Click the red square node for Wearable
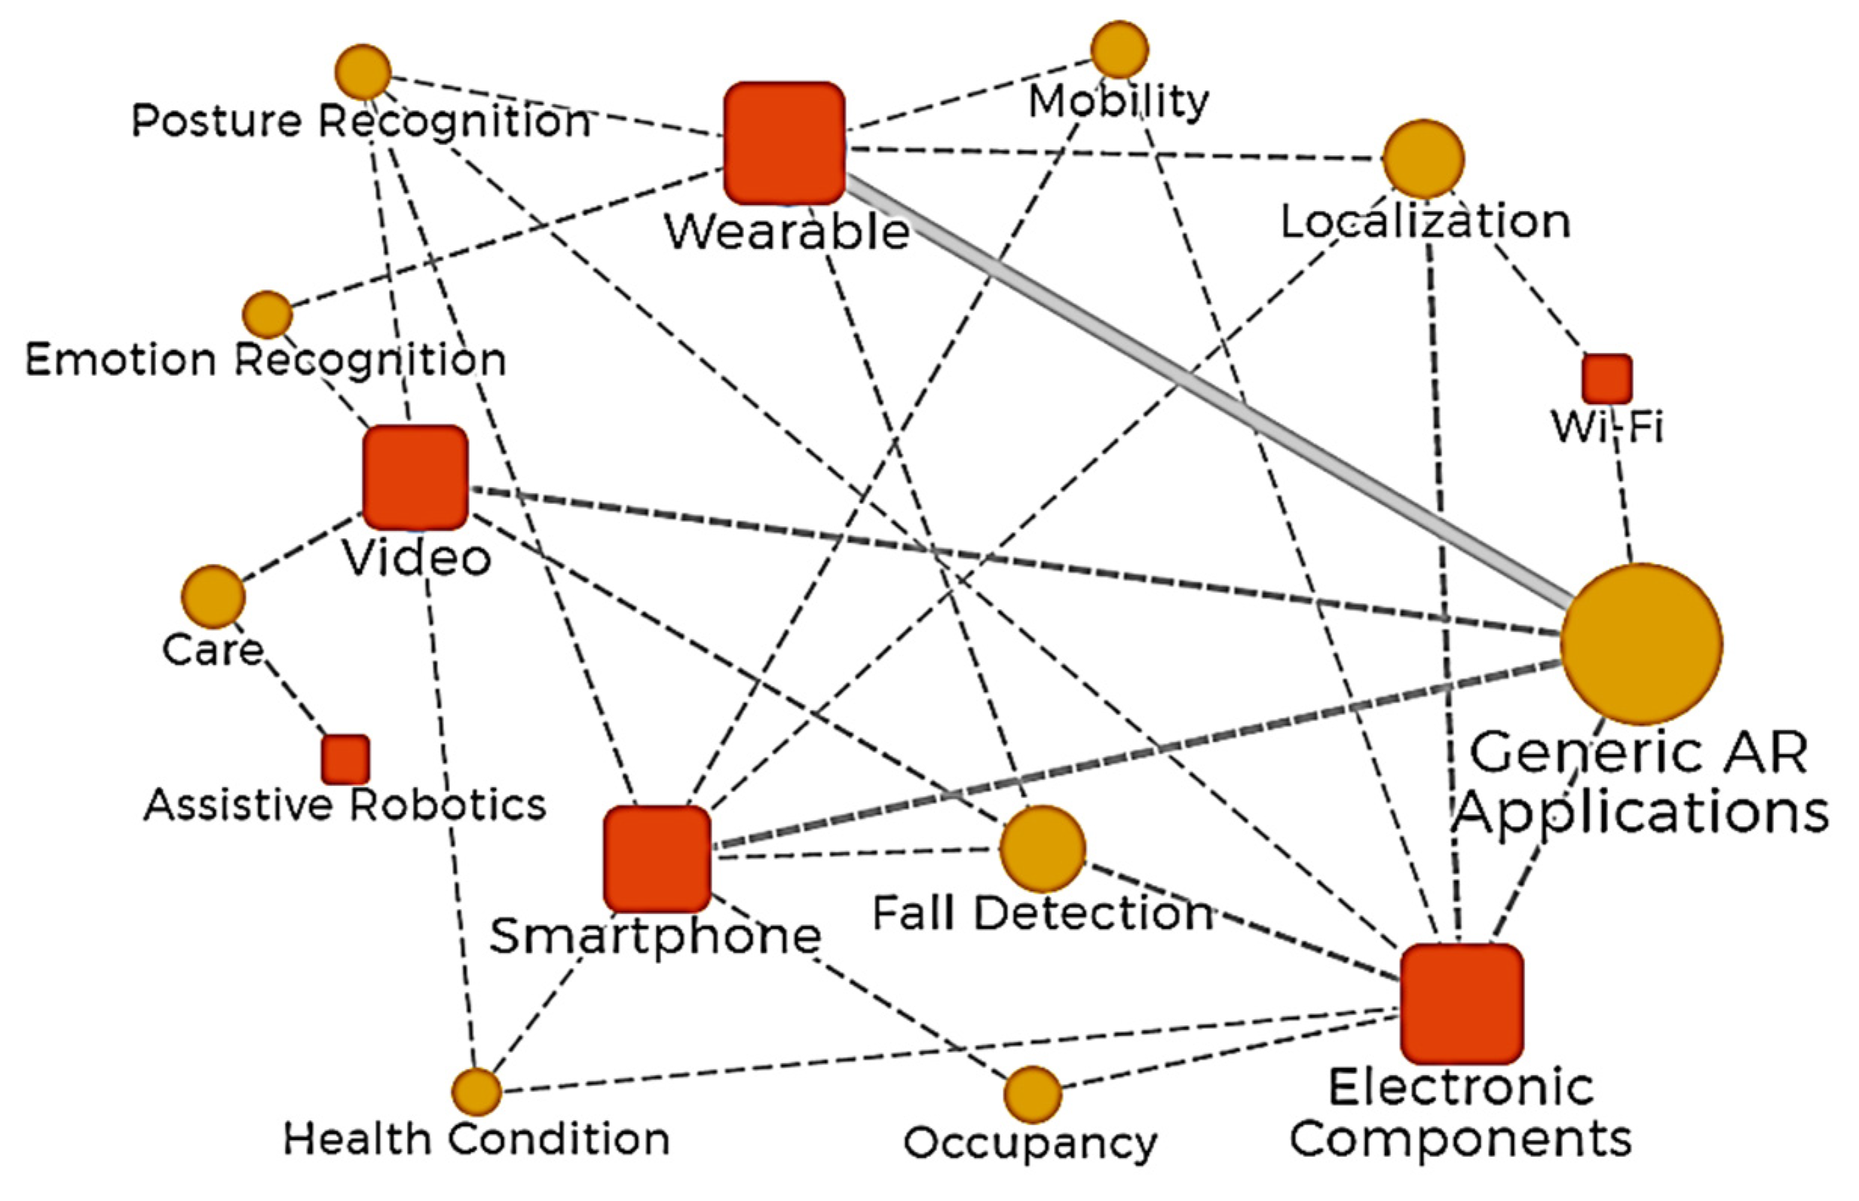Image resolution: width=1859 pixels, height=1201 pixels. click(x=785, y=143)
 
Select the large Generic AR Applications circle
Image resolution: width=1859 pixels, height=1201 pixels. click(x=1640, y=644)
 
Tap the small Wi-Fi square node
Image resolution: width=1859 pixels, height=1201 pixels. click(x=1606, y=379)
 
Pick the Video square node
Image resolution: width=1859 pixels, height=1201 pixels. click(x=415, y=477)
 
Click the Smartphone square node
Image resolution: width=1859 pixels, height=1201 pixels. click(x=657, y=859)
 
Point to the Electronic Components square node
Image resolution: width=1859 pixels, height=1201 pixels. click(x=1461, y=1003)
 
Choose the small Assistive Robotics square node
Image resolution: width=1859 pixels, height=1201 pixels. click(x=345, y=758)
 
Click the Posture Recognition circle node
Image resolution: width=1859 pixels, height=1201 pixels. click(x=363, y=72)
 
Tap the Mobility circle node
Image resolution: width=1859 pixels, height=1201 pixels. click(x=1119, y=50)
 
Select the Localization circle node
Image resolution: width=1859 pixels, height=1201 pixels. click(x=1423, y=159)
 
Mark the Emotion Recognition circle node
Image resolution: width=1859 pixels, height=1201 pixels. click(x=268, y=315)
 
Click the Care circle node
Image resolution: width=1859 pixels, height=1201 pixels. click(x=213, y=596)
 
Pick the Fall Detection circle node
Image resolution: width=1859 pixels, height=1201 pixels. click(x=1042, y=849)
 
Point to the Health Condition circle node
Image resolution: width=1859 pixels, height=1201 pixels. click(x=476, y=1092)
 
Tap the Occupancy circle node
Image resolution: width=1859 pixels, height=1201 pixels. click(x=1032, y=1093)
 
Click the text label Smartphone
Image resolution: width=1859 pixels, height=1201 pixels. click(x=655, y=936)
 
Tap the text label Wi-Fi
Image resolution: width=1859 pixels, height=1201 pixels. click(x=1606, y=427)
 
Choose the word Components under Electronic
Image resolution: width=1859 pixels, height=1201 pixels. click(x=1459, y=1139)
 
